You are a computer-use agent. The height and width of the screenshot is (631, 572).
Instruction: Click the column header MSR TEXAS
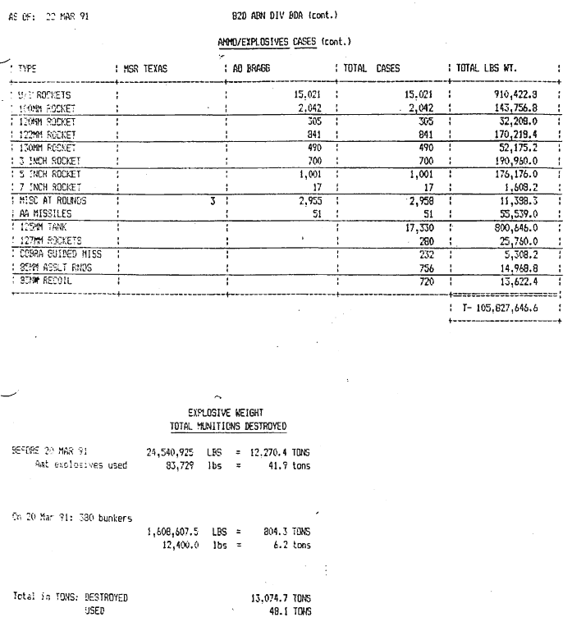tap(145, 70)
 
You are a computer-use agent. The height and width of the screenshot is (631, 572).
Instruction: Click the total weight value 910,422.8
tap(517, 95)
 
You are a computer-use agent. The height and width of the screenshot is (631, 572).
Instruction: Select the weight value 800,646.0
tap(517, 226)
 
